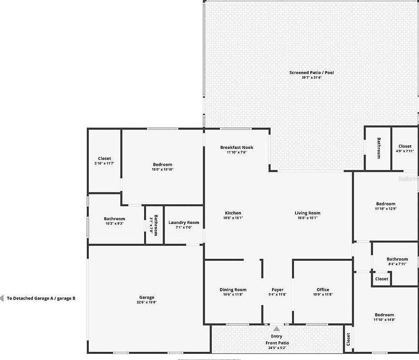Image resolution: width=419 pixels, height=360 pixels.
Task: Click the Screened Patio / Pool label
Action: [x=311, y=73]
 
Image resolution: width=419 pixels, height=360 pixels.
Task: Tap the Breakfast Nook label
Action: [x=237, y=148]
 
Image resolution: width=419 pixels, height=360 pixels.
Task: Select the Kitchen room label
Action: [x=233, y=213]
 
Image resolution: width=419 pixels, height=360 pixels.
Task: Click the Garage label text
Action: [x=147, y=297]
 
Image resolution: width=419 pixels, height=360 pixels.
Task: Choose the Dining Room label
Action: [x=233, y=290]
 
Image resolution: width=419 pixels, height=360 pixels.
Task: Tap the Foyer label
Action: [x=277, y=290]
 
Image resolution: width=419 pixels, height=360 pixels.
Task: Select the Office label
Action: [x=323, y=290]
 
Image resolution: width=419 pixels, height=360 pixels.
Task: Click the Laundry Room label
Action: [x=184, y=222]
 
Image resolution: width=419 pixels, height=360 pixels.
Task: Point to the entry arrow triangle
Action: [x=277, y=328]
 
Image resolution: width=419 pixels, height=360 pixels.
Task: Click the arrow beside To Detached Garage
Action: [x=2, y=298]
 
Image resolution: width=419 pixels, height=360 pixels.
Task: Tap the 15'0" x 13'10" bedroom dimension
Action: [x=163, y=169]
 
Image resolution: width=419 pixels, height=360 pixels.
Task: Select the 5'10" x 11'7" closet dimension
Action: [x=105, y=163]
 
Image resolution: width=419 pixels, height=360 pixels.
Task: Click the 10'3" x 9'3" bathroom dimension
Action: [x=115, y=223]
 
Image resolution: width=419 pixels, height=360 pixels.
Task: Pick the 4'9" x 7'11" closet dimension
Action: [x=405, y=151]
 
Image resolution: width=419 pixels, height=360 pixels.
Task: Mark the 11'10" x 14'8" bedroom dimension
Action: [x=384, y=320]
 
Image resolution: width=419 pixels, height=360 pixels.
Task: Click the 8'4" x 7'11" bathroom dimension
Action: [x=397, y=264]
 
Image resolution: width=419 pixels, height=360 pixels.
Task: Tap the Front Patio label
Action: [x=277, y=343]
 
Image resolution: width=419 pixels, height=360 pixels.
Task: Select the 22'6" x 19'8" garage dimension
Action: [x=147, y=302]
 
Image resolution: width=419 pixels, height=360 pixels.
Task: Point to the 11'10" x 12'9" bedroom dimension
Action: [x=386, y=209]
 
